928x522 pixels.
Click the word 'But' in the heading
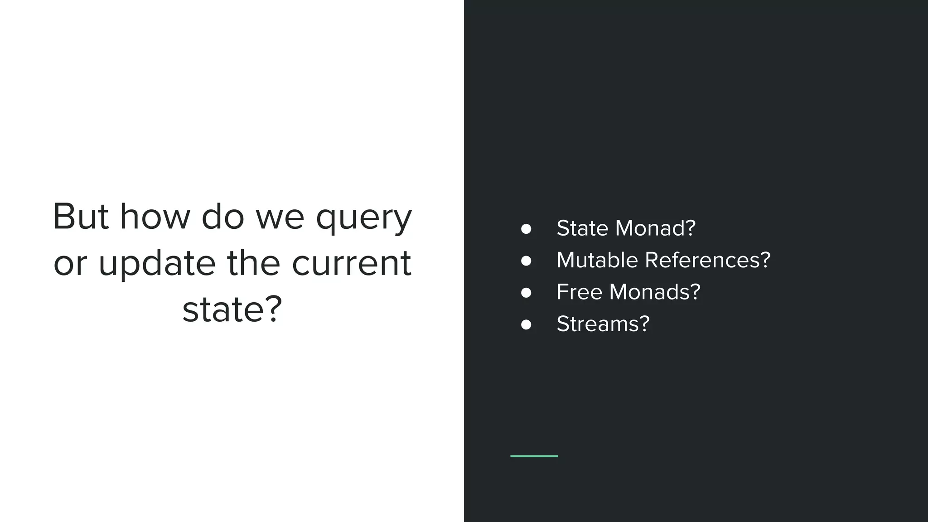81,217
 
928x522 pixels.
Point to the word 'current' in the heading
351,263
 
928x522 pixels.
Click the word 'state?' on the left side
232,309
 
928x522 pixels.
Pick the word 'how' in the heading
155,217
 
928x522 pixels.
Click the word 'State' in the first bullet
582,228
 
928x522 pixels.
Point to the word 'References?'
707,260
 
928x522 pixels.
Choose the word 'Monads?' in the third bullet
655,292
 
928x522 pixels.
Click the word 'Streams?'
603,324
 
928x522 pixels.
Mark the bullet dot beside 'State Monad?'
526,229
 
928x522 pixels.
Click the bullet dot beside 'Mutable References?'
526,261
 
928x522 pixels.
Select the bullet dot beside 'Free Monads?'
526,293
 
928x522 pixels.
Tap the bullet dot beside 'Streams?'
526,325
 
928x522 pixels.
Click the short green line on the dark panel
534,456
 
